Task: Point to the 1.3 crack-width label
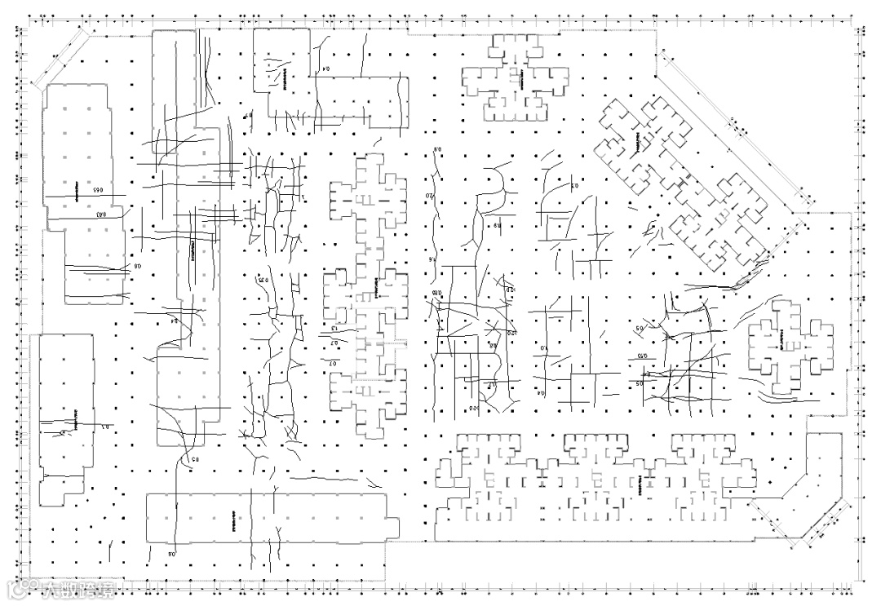pyautogui.click(x=334, y=328)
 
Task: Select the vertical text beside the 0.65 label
pyautogui.click(x=76, y=193)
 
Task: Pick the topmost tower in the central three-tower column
pyautogui.click(x=369, y=196)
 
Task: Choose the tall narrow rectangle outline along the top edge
pyautogui.click(x=174, y=82)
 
